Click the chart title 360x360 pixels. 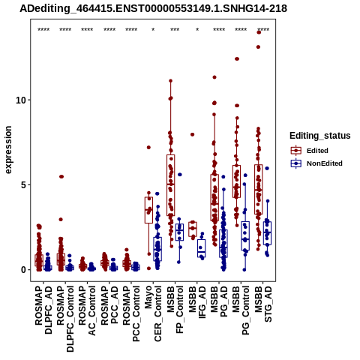[153, 8]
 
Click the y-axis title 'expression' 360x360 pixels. [8, 150]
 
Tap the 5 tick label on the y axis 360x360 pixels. [24, 185]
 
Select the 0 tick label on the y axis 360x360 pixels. [24, 270]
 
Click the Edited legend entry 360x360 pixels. [309, 151]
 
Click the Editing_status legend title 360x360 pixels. [320, 136]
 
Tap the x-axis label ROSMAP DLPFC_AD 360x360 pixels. [43, 310]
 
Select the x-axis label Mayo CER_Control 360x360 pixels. [153, 313]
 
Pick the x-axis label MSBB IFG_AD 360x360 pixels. [197, 302]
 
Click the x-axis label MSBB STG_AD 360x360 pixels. [263, 304]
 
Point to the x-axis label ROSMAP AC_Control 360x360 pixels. [87, 310]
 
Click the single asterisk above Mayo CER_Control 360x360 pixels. [153, 30]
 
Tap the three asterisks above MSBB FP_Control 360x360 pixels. [175, 30]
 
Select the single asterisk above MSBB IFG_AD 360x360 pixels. [197, 30]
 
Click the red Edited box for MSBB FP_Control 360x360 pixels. [171, 185]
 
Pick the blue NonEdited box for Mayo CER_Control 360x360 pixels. [157, 249]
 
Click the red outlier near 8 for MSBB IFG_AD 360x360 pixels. [192, 134]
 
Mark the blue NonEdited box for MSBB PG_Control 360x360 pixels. [245, 235]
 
